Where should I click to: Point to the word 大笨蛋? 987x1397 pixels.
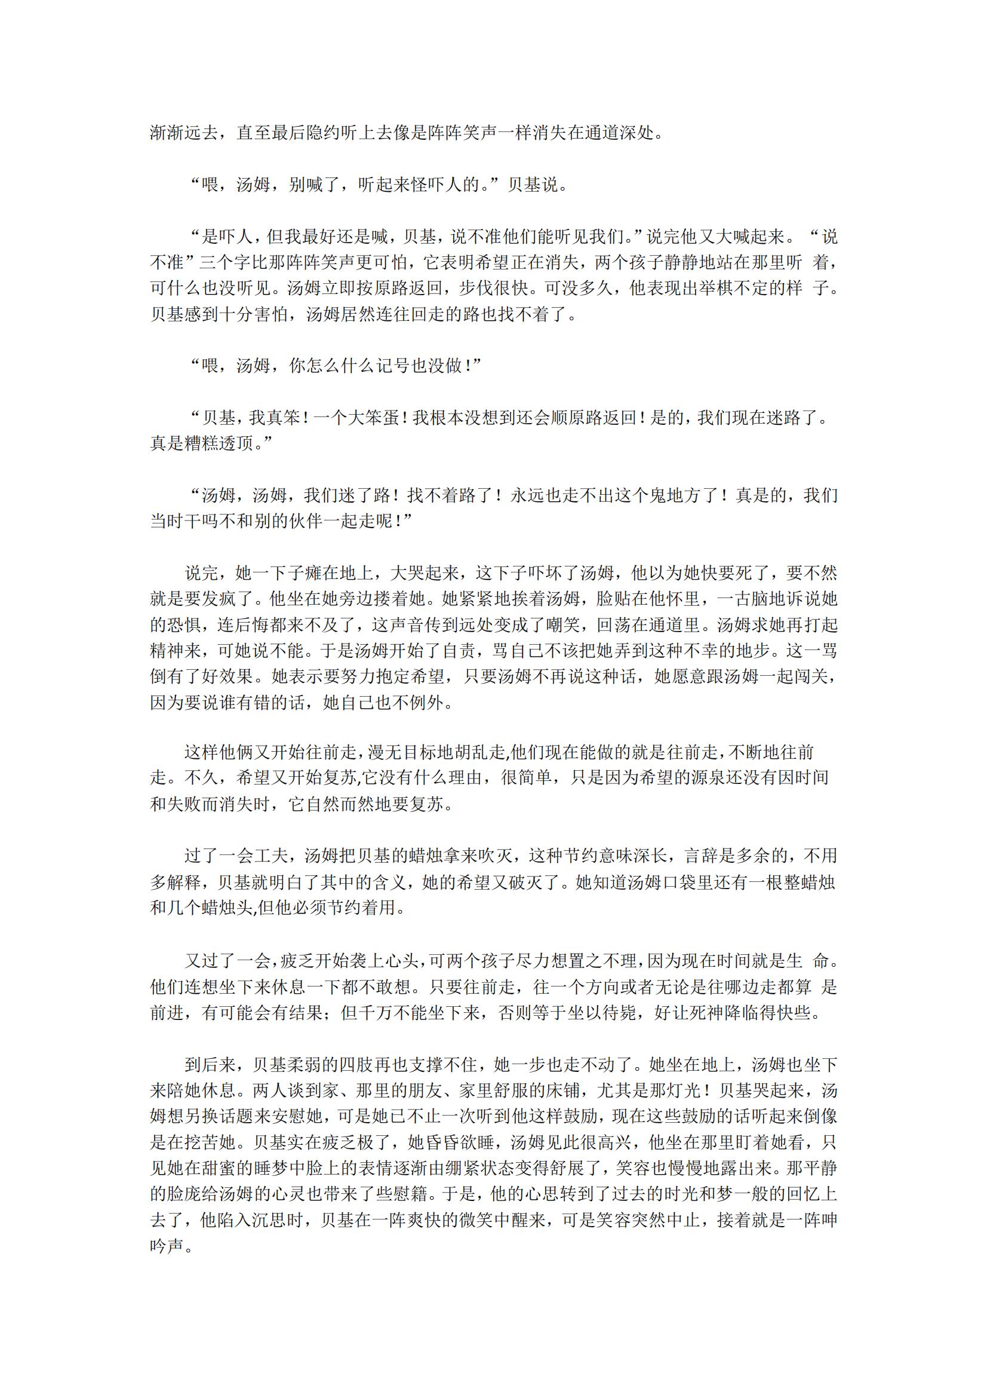point(372,418)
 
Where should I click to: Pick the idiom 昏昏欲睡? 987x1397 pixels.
point(460,1142)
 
